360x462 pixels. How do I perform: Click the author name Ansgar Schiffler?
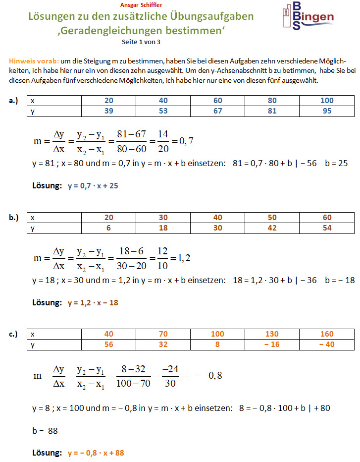tap(141, 5)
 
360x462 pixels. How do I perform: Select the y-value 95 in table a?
tap(327, 111)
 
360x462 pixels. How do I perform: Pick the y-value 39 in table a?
tap(109, 111)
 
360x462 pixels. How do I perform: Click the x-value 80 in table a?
tap(272, 101)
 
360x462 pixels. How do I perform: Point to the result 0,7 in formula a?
tap(186, 141)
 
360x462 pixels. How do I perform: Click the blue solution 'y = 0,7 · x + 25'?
tap(93, 186)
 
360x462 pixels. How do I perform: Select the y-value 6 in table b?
tap(109, 228)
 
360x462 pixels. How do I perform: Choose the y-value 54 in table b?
tap(327, 228)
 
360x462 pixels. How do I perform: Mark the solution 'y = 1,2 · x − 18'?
tap(93, 302)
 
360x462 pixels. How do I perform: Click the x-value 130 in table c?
tap(272, 334)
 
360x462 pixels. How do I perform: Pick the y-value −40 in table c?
tap(327, 345)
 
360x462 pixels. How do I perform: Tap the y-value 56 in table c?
tap(109, 345)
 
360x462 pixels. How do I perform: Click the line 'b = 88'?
tap(45, 431)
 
